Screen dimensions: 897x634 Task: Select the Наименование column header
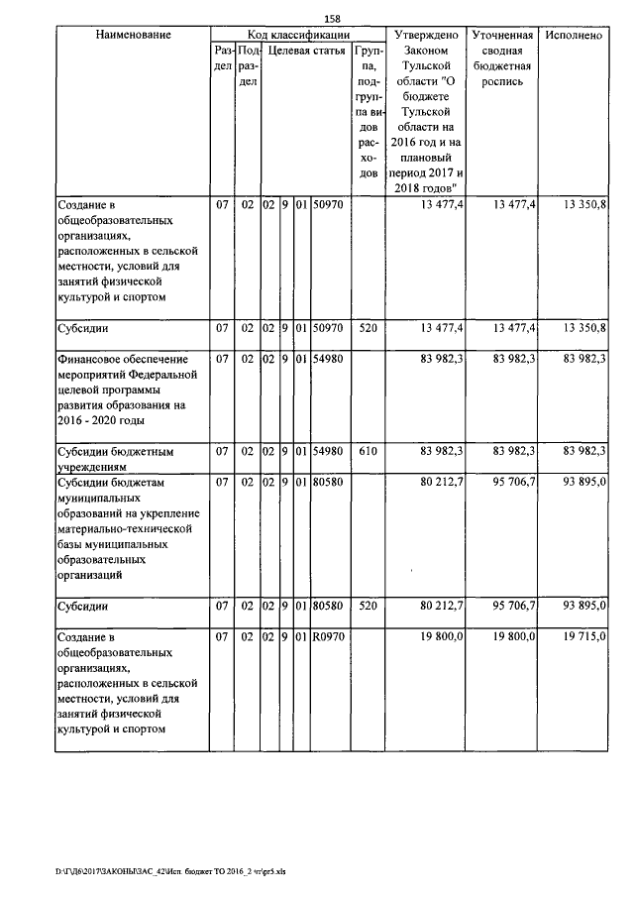pos(134,35)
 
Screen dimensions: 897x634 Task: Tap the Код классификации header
pos(296,35)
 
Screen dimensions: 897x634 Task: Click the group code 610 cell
pos(369,453)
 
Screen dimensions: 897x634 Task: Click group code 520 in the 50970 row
pos(369,327)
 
